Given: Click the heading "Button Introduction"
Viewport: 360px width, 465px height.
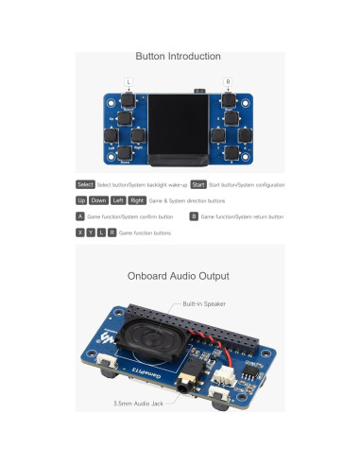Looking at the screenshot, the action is click(179, 57).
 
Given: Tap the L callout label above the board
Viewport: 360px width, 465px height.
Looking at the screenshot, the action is click(129, 81).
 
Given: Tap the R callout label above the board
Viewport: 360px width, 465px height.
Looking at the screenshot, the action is click(229, 81).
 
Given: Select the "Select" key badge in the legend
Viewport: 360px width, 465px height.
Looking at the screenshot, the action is click(85, 183).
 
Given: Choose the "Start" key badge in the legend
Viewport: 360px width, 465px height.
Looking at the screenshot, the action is click(198, 183).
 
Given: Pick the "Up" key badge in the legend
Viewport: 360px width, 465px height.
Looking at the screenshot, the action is click(81, 200).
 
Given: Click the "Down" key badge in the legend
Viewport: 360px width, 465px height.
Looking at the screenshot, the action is click(98, 200).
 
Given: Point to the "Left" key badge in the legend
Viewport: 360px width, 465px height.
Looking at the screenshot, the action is click(118, 200).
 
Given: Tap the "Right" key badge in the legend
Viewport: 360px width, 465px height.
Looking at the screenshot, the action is click(137, 200).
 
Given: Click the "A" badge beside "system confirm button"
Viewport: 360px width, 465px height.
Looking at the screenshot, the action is click(79, 216).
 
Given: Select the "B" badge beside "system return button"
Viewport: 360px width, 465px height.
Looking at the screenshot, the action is click(193, 216).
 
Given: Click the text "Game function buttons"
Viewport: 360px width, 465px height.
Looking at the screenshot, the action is click(146, 232).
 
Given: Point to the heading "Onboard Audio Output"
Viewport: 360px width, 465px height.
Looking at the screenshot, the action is click(179, 277).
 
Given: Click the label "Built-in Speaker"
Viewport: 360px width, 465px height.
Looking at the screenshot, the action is click(205, 304).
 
